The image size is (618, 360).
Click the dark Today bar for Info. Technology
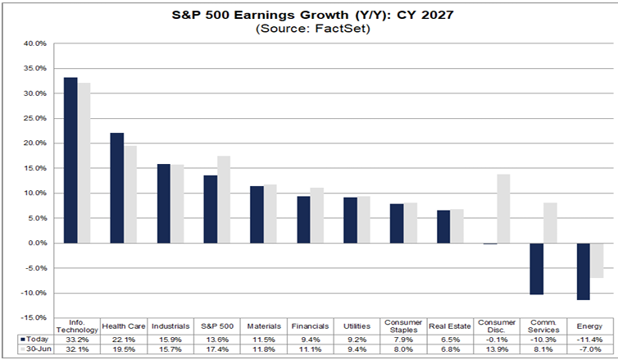[x=70, y=160]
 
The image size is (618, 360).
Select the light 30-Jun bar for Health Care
[x=130, y=194]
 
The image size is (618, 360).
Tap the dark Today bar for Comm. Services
[x=536, y=269]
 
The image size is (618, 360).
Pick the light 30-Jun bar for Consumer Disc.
[x=503, y=208]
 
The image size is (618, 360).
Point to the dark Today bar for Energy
[x=584, y=271]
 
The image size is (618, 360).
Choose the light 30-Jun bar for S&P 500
[x=224, y=199]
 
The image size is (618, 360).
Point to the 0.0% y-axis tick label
[x=39, y=243]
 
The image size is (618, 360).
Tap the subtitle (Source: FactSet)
[x=312, y=29]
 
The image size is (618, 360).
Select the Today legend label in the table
[x=38, y=339]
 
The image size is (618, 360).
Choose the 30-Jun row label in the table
[x=39, y=349]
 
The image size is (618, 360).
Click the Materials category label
[x=264, y=326]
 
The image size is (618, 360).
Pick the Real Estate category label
[x=450, y=326]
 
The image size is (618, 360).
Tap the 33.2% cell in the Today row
[x=77, y=339]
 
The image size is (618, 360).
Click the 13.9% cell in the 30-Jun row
[x=496, y=349]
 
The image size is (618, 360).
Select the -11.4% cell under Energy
[x=589, y=339]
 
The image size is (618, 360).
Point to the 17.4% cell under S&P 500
[x=216, y=349]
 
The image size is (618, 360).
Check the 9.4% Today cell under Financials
[x=310, y=339]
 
